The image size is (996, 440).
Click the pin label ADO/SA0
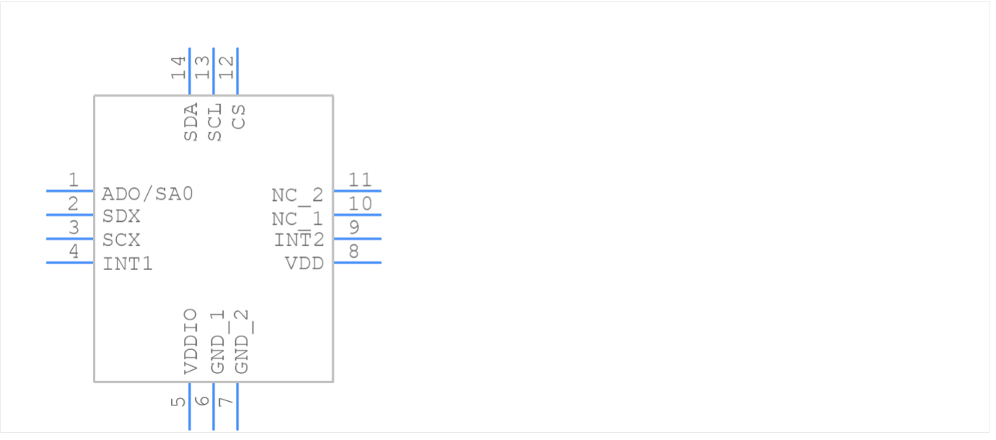point(147,194)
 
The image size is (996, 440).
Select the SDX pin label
point(121,217)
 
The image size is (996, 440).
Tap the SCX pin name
point(121,240)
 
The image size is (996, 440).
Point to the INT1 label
point(128,264)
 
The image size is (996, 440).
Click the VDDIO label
point(190,341)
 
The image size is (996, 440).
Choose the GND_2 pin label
point(242,342)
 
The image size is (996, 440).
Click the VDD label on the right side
point(304,264)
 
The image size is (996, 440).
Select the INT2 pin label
point(299,240)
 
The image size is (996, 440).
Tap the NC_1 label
point(297,218)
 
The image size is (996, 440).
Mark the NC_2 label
point(297,195)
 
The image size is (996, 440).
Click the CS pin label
point(239,117)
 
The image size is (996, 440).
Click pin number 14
point(178,67)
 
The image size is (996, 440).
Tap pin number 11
point(360,180)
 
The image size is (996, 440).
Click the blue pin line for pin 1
point(70,191)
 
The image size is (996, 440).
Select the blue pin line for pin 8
point(357,262)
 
